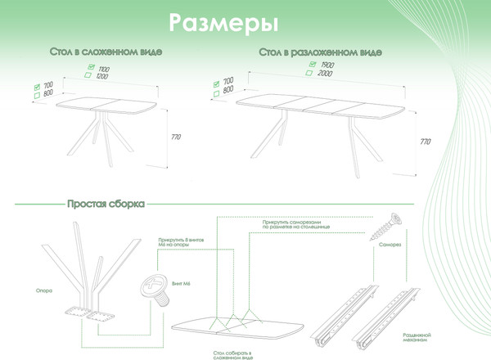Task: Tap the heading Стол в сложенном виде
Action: click(x=106, y=52)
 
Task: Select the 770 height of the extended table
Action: click(x=425, y=141)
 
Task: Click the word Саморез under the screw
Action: click(x=390, y=245)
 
